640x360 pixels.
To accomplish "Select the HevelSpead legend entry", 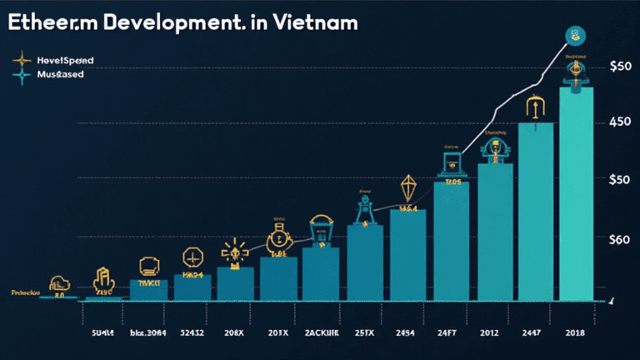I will coord(64,61).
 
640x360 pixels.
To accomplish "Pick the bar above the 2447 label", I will coord(536,212).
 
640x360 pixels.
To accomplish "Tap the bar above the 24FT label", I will coord(451,241).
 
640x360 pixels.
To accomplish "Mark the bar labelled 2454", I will coord(408,254).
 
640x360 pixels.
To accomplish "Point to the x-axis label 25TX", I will coord(365,332).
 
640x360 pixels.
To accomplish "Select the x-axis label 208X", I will coord(235,332).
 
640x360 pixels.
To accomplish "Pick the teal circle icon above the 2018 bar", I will coord(575,35).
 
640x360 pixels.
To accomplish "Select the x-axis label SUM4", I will coord(102,332).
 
